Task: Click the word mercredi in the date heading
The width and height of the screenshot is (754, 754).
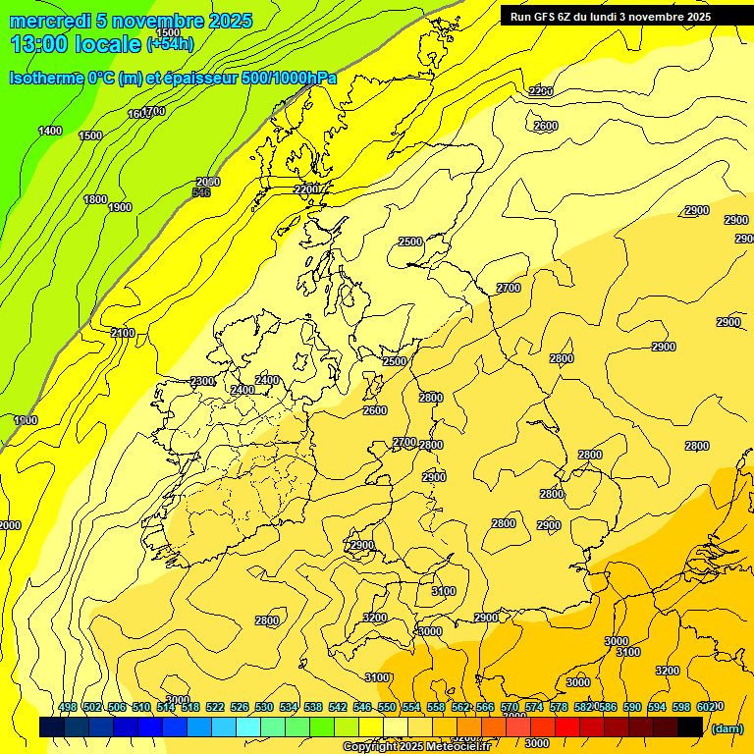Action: pos(45,21)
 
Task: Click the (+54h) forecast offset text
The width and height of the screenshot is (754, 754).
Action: pos(170,44)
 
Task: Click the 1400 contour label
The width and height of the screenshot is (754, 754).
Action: pos(50,132)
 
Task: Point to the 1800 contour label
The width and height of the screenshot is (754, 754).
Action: pos(95,200)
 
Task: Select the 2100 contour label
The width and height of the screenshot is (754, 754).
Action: pos(123,334)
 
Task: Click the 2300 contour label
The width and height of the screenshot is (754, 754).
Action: pos(202,382)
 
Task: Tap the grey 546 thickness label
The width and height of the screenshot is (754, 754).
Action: pos(201,192)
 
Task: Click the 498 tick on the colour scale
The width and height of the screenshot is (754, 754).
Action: pos(68,707)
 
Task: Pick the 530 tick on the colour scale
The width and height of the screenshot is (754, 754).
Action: pos(264,707)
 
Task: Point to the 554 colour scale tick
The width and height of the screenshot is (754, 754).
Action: pos(411,707)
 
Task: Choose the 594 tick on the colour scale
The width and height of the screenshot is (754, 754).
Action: pos(657,707)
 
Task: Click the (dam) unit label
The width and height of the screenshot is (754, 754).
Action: pos(726,727)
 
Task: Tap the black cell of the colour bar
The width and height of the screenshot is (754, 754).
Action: pos(690,727)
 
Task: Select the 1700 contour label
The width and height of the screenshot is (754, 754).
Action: pos(153,112)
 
